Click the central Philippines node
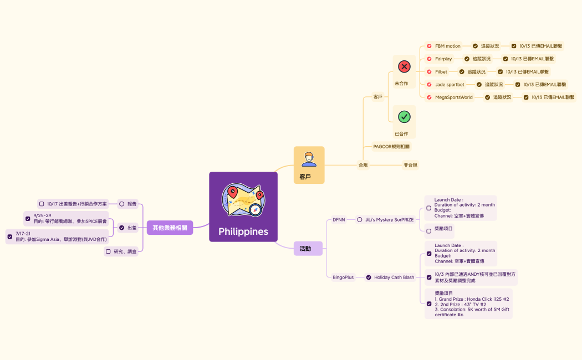[x=243, y=207]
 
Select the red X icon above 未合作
[x=404, y=67]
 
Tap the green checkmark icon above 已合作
[x=404, y=117]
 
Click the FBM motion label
[x=447, y=46]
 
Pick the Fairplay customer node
[x=443, y=59]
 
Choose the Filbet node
[x=441, y=71]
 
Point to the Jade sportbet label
[x=450, y=85]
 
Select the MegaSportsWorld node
[x=453, y=97]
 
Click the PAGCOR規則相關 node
[x=392, y=147]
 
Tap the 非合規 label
[x=410, y=165]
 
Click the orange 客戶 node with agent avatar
[x=309, y=165]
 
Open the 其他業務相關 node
[x=170, y=228]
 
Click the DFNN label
[x=339, y=219]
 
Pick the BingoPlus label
[x=343, y=277]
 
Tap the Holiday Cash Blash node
[x=394, y=277]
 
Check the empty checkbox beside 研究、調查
[x=108, y=251]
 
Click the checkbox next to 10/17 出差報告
[x=42, y=204]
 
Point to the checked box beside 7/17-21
[x=9, y=236]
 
